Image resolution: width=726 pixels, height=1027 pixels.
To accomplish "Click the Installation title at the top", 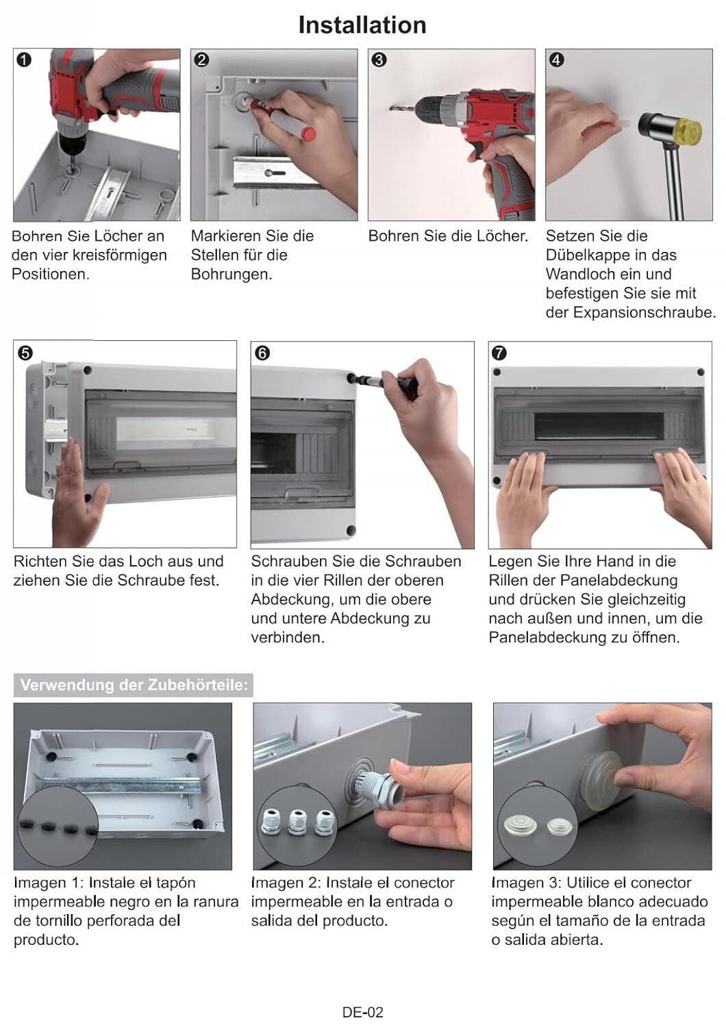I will [x=362, y=25].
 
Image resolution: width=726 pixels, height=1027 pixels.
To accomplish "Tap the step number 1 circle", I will [x=23, y=60].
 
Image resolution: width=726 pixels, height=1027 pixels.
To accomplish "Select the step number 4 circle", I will [x=556, y=60].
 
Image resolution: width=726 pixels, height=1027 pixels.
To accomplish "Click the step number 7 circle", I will [x=499, y=353].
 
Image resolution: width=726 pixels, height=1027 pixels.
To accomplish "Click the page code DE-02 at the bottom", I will [x=362, y=1012].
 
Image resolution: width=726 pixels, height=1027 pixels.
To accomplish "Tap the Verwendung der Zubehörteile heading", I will [x=134, y=685].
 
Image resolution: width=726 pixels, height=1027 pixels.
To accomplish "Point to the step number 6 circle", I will [x=262, y=353].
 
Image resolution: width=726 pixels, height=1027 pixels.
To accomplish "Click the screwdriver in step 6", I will [x=384, y=381].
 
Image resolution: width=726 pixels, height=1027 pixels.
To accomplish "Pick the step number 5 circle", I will [x=25, y=353].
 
